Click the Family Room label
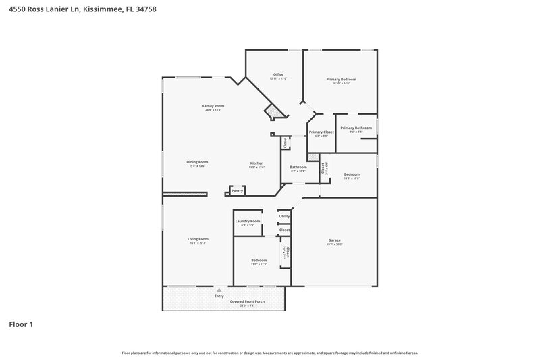pyautogui.click(x=214, y=105)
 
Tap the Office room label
pyautogui.click(x=278, y=74)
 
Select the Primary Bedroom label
pyautogui.click(x=341, y=80)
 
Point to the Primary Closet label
pyautogui.click(x=321, y=132)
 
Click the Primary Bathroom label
pyautogui.click(x=356, y=128)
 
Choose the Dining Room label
pyautogui.click(x=197, y=162)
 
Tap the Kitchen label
pyautogui.click(x=257, y=163)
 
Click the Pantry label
pyautogui.click(x=237, y=191)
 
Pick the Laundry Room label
pyautogui.click(x=248, y=221)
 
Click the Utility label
pyautogui.click(x=284, y=216)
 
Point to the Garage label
pyautogui.click(x=334, y=240)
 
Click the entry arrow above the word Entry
pyautogui.click(x=218, y=290)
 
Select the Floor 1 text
pyautogui.click(x=20, y=325)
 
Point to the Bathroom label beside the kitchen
pyautogui.click(x=298, y=167)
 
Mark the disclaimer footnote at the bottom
pyautogui.click(x=269, y=353)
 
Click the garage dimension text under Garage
pyautogui.click(x=334, y=245)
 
